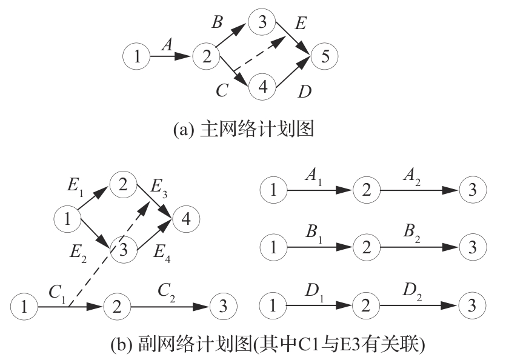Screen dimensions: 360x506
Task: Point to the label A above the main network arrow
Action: [168, 44]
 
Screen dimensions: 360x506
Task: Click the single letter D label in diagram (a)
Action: [304, 92]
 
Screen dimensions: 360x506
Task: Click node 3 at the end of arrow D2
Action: [471, 304]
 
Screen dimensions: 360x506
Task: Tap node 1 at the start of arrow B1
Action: [273, 247]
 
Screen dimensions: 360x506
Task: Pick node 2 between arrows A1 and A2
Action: [365, 190]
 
